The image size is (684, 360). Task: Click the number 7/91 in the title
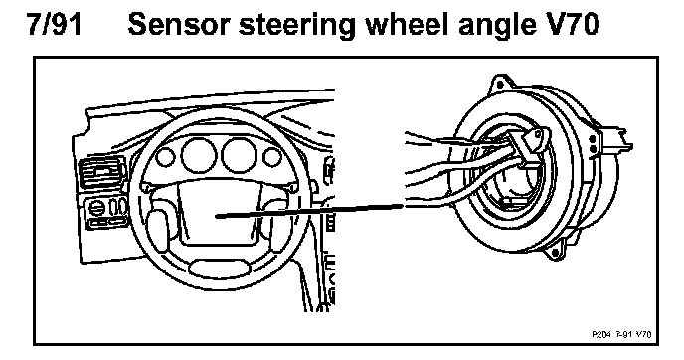click(54, 24)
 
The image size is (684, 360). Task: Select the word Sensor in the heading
click(178, 24)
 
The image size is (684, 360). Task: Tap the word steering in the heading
click(296, 26)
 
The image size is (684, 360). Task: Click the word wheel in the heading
click(407, 24)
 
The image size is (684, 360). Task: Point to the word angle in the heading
click(492, 26)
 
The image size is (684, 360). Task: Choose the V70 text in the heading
click(566, 24)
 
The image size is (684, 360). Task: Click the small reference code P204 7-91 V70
click(621, 334)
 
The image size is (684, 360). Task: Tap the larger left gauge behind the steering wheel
click(199, 155)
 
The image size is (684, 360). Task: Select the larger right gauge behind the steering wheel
click(239, 155)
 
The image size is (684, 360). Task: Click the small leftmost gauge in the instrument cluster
click(165, 157)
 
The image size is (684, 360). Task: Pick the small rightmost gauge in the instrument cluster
click(272, 157)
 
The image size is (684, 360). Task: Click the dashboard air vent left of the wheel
click(101, 172)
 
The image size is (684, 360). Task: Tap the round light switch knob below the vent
click(95, 208)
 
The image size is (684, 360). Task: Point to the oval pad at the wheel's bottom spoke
click(219, 268)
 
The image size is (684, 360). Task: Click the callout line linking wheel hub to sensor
click(309, 211)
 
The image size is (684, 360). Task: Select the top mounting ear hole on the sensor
click(500, 85)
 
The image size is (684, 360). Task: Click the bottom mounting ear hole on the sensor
click(555, 253)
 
